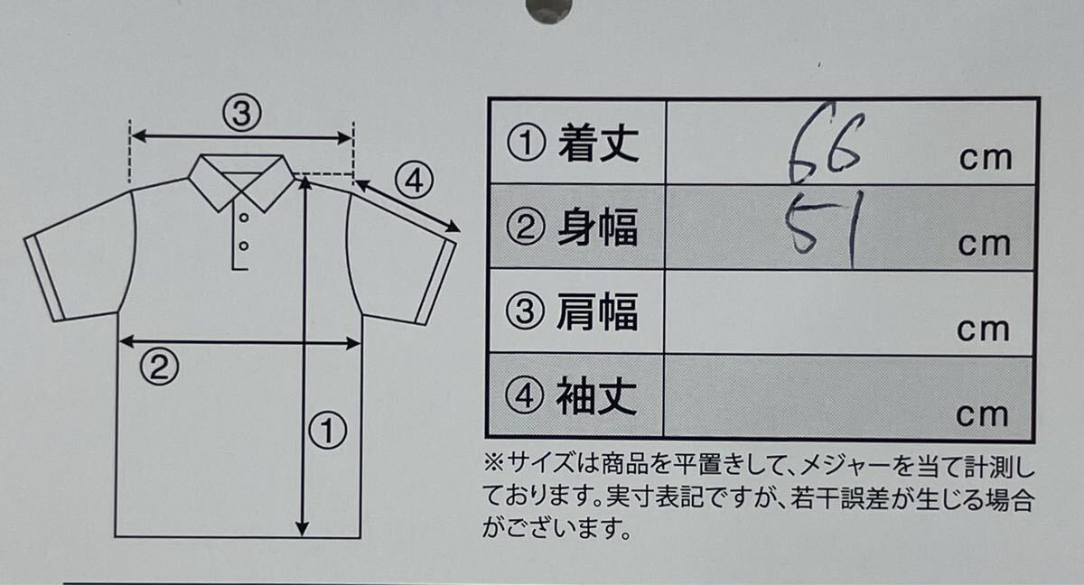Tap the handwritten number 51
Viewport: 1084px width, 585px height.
point(824,227)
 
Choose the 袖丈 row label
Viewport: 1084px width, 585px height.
point(571,396)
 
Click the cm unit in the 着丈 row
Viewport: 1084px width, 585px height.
point(986,159)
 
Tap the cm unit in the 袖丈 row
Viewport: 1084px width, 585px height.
point(983,414)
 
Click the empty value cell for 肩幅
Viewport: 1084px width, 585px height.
point(849,311)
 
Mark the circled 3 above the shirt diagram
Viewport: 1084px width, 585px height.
point(242,113)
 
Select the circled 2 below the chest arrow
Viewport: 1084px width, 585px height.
point(159,367)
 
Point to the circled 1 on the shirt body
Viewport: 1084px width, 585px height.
point(328,430)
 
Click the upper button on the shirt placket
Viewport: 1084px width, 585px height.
point(244,218)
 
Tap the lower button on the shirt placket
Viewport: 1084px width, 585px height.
point(244,246)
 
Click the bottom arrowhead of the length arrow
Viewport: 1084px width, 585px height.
point(303,529)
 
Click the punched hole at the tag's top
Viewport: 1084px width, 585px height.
point(549,8)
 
